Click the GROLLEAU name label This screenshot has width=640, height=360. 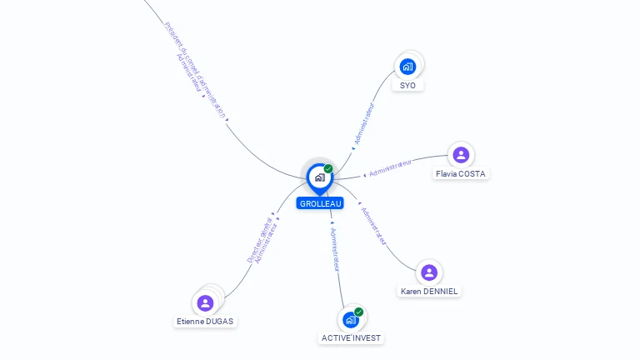tap(320, 203)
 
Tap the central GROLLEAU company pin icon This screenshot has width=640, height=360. tap(319, 177)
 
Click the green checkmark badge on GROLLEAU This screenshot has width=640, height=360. tap(328, 168)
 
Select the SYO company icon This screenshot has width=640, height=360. tap(407, 66)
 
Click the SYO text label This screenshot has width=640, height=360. tap(407, 86)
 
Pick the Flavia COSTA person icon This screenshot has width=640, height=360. tap(461, 154)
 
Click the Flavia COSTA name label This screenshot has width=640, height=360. tap(461, 174)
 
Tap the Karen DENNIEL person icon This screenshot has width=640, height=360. tap(429, 272)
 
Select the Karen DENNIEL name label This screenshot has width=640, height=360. tap(429, 292)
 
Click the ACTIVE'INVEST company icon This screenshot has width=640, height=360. tap(351, 319)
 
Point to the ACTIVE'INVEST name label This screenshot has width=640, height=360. tap(352, 338)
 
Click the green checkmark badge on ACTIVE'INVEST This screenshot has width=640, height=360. tap(359, 312)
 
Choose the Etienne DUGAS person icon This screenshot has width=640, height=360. tap(206, 302)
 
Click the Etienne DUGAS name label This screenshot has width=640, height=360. tap(206, 322)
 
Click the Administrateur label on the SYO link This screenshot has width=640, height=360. tap(364, 124)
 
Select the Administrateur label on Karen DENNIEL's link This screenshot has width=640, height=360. tap(374, 225)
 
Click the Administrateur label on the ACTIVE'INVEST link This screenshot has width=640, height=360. tap(335, 249)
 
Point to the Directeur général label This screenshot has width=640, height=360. tap(260, 237)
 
